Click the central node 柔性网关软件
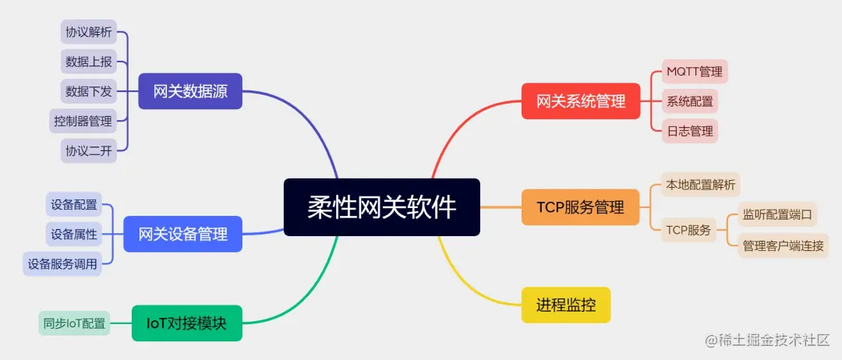pos(381,207)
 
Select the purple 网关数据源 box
pos(190,91)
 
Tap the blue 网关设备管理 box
pos(182,234)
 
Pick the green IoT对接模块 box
pos(186,323)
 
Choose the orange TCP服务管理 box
pos(581,207)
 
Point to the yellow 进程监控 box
pos(565,305)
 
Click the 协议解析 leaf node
pos(89,32)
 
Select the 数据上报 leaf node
pos(89,62)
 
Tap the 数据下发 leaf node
pos(89,91)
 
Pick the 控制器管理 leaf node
pos(83,121)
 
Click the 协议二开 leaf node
pos(89,150)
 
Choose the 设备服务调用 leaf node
pos(62,264)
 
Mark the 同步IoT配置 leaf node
pos(74,323)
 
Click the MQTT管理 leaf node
pos(694,72)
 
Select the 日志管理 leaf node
pos(689,130)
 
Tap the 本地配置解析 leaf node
pos(699,185)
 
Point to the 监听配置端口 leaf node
pos(777,214)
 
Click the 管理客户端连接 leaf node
pos(783,245)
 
